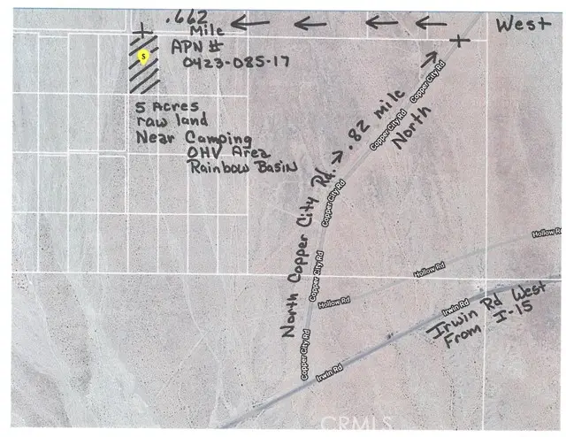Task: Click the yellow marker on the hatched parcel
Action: [144, 56]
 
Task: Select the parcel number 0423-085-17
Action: [233, 62]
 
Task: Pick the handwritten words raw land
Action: [172, 121]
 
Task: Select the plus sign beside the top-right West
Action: [456, 39]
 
